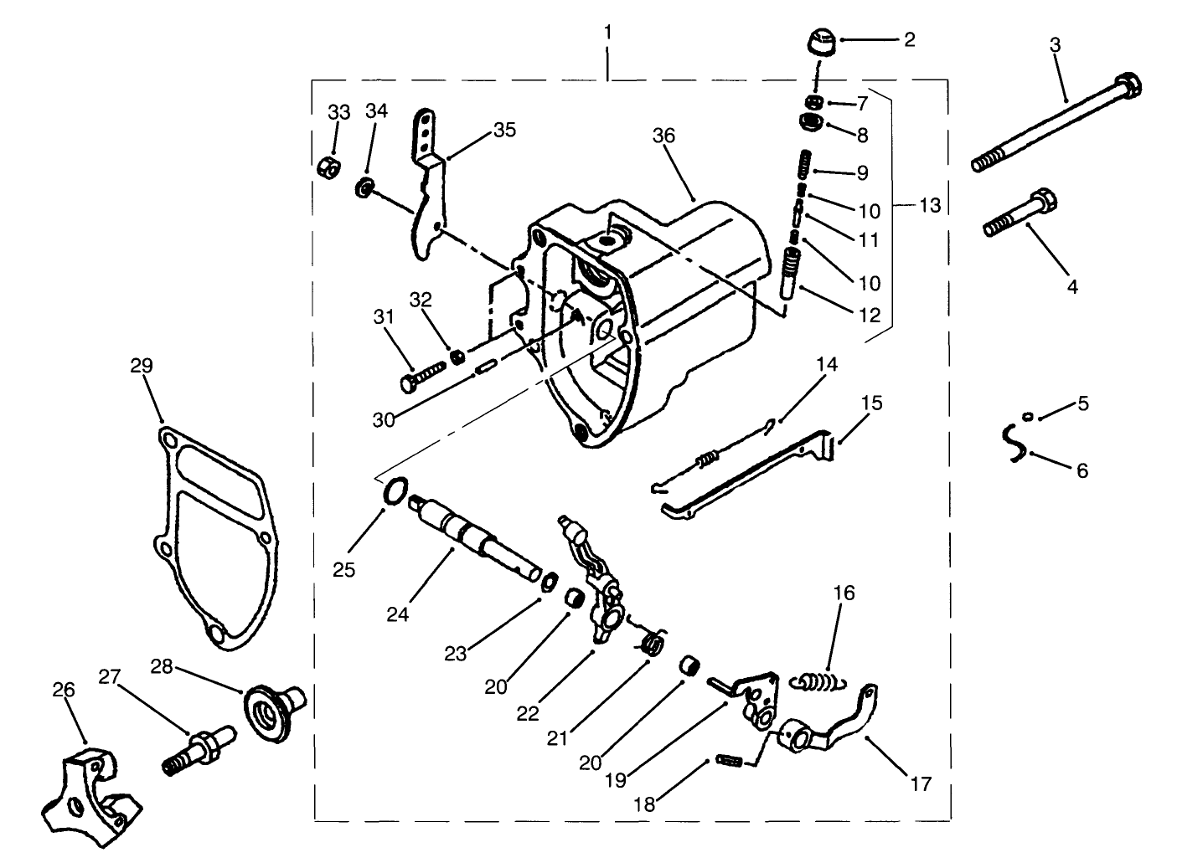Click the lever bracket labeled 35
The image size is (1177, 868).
tap(429, 193)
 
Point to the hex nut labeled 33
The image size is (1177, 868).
tap(328, 165)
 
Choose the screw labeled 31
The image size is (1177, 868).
tap(422, 374)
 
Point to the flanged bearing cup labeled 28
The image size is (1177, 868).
tap(273, 711)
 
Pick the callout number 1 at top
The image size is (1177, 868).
tap(608, 33)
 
